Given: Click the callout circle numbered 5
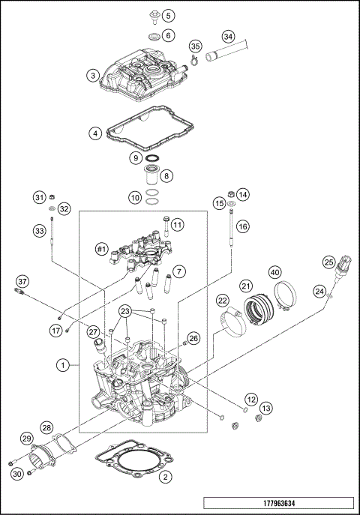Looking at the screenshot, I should [x=168, y=15].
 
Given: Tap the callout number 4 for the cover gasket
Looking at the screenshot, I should [x=94, y=134].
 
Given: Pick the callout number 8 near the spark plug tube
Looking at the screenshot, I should [x=166, y=175].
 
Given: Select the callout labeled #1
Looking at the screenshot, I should [x=103, y=248].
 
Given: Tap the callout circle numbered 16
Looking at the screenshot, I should [x=242, y=225].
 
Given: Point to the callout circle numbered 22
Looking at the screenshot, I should [x=223, y=301].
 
